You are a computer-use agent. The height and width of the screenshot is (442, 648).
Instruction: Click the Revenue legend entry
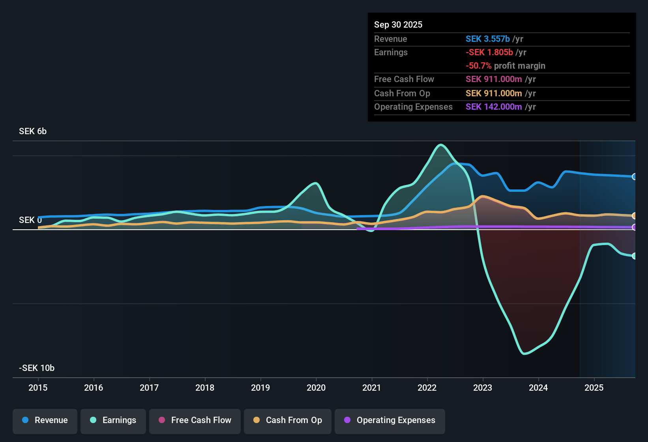tap(45, 420)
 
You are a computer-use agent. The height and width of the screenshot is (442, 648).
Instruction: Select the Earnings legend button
tap(113, 420)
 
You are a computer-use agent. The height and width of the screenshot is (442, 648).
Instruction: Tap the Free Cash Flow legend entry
tap(195, 420)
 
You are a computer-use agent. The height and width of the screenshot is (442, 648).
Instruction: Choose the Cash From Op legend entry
tap(288, 420)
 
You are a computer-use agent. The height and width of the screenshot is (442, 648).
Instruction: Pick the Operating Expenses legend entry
tap(390, 420)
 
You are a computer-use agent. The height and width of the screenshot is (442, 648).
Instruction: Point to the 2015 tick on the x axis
tap(38, 388)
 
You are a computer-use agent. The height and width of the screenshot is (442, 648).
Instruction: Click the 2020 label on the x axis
tap(316, 388)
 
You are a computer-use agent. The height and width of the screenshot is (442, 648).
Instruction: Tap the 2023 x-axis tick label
tap(483, 388)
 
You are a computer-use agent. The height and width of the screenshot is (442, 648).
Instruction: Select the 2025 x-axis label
tap(594, 388)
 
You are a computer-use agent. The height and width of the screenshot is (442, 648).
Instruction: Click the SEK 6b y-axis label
tap(33, 131)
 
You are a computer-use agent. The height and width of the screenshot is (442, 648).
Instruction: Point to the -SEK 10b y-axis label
tap(37, 368)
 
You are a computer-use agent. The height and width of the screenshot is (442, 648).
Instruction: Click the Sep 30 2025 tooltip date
tap(398, 25)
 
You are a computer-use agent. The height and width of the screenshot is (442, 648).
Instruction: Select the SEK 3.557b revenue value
tap(488, 39)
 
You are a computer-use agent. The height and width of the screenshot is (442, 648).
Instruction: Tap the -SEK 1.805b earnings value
tap(489, 52)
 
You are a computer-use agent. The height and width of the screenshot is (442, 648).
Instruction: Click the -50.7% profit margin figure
tap(479, 66)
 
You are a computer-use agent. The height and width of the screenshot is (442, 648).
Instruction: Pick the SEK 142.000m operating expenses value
tap(494, 107)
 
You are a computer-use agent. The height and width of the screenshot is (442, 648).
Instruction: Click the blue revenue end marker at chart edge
tap(634, 177)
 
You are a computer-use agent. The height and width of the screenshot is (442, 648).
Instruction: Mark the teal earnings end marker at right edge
tap(634, 256)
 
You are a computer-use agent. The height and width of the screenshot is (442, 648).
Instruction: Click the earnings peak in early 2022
tap(441, 145)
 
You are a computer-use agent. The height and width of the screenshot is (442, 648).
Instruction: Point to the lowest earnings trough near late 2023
tap(524, 354)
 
